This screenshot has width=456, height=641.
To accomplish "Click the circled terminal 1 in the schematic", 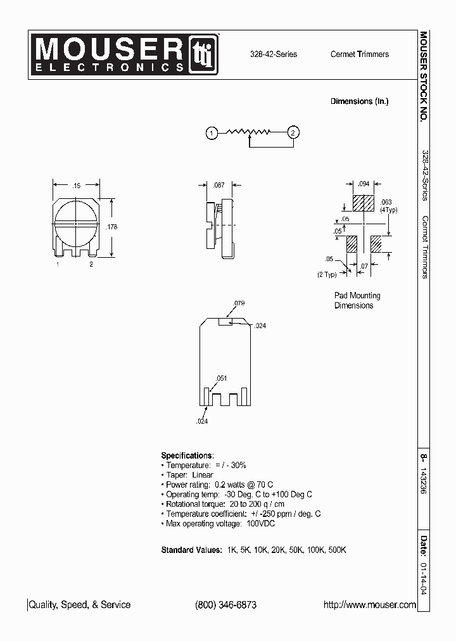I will tap(212, 132).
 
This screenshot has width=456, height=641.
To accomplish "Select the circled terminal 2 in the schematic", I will tap(293, 132).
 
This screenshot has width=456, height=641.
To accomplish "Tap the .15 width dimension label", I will tap(76, 186).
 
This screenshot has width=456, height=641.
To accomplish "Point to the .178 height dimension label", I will tap(113, 226).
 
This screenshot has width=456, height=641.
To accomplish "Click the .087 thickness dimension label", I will tap(218, 186).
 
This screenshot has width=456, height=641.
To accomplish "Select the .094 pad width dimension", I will tap(364, 184).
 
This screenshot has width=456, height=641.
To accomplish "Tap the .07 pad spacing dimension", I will tap(364, 266).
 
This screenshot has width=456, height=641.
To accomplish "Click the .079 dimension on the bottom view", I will tap(239, 303).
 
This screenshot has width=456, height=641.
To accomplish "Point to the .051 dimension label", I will tap(221, 378).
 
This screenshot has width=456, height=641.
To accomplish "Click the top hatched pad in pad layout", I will tap(364, 203).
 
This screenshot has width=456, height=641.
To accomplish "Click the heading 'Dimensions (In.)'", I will tap(359, 101).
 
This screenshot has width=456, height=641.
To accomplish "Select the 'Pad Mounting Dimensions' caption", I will tap(357, 300).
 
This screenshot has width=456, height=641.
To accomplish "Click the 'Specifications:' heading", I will tap(187, 455).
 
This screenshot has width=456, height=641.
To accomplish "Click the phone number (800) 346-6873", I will tap(225, 605).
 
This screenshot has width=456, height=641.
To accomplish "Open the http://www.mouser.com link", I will tap(369, 605).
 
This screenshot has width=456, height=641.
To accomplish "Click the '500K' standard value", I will tap(337, 550).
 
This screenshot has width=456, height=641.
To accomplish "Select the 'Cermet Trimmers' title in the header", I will tap(359, 54).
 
